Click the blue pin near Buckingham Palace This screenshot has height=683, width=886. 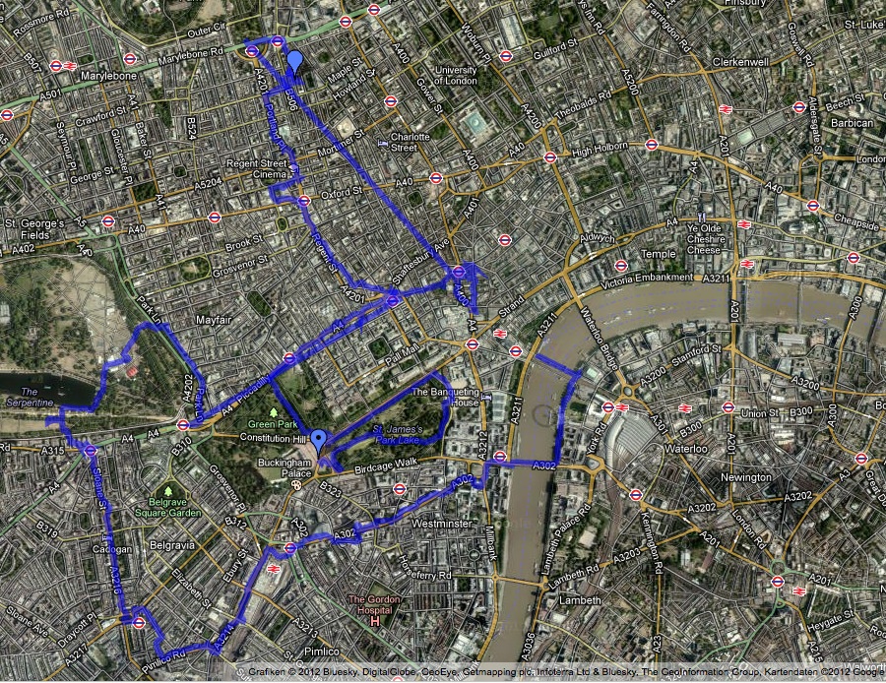click(x=318, y=439)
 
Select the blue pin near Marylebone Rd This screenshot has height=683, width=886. click(x=294, y=61)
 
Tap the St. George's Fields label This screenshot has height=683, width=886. click(x=33, y=229)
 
